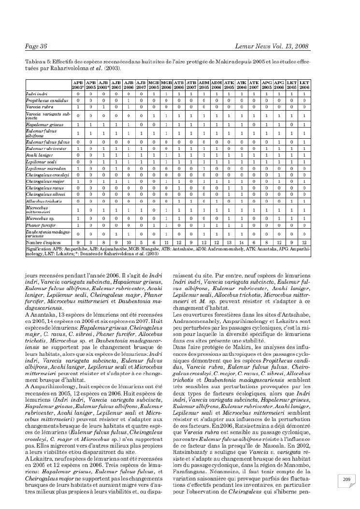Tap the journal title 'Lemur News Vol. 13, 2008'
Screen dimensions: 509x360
click(x=272, y=46)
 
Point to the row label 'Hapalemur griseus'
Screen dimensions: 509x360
click(x=42, y=124)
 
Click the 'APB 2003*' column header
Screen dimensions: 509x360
click(x=78, y=85)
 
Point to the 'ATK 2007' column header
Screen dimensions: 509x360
click(x=254, y=85)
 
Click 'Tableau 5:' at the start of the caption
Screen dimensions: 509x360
click(x=37, y=62)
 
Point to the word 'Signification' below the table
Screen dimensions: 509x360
click(x=40, y=247)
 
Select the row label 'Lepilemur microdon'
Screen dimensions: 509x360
click(x=42, y=168)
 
